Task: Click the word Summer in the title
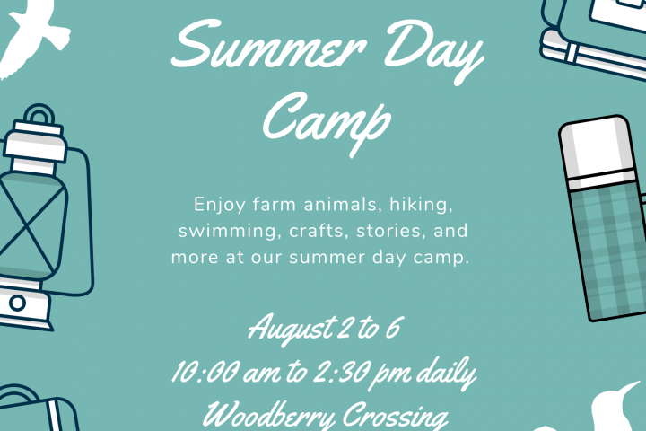[268, 46]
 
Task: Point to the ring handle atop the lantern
[39, 109]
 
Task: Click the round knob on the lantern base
[17, 303]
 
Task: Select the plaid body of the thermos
[611, 252]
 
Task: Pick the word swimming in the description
[228, 231]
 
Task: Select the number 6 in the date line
[393, 329]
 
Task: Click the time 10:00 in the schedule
[205, 373]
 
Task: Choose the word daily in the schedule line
[446, 374]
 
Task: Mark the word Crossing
[395, 417]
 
